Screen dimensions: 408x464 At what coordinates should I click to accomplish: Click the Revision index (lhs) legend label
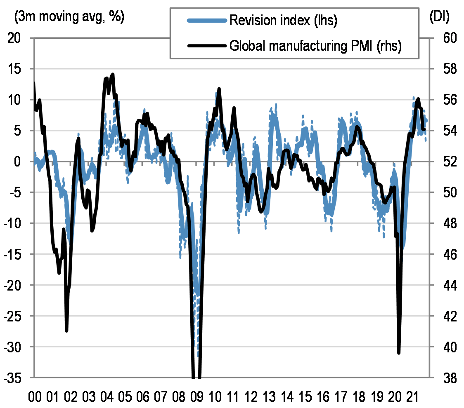(283, 21)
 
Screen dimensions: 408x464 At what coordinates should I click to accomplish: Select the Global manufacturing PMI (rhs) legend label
(315, 46)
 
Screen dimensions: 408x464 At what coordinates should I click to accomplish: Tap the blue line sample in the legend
(206, 21)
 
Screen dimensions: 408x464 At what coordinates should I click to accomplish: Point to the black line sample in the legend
(206, 46)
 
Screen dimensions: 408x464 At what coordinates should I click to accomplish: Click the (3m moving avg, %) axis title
(69, 17)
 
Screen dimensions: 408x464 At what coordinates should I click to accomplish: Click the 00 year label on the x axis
(34, 398)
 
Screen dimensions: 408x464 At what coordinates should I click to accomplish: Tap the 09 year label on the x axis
(196, 398)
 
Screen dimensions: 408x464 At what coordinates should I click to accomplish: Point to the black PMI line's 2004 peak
(113, 75)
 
